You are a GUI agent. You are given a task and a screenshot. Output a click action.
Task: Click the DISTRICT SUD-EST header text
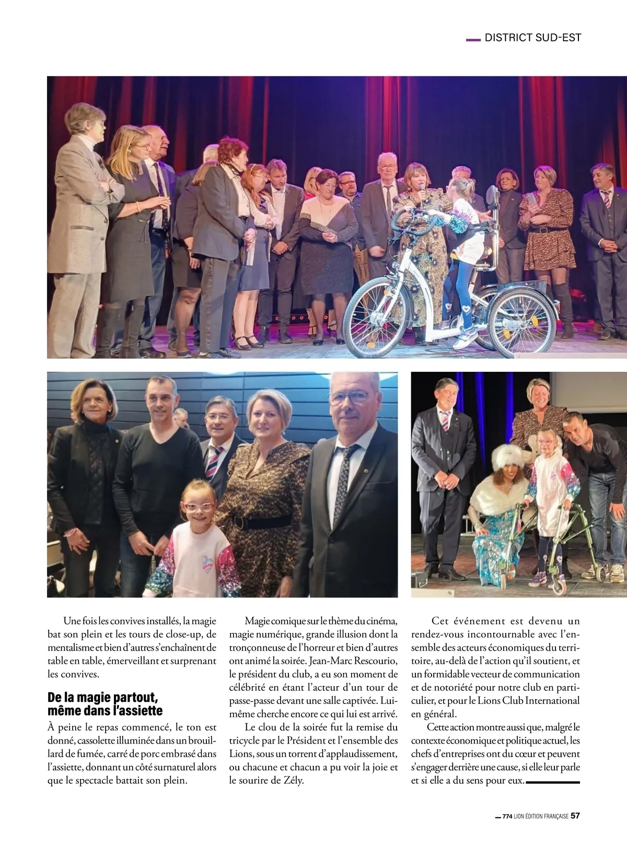pyautogui.click(x=532, y=38)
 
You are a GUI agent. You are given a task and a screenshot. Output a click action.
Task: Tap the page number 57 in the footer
pyautogui.click(x=575, y=816)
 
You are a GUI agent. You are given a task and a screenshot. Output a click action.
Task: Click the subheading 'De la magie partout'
pyautogui.click(x=102, y=698)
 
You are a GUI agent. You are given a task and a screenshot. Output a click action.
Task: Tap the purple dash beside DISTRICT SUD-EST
pyautogui.click(x=472, y=39)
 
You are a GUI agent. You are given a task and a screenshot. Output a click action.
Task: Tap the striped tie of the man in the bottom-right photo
pyautogui.click(x=445, y=421)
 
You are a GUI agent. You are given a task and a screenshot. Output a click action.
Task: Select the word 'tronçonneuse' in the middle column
pyautogui.click(x=258, y=648)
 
